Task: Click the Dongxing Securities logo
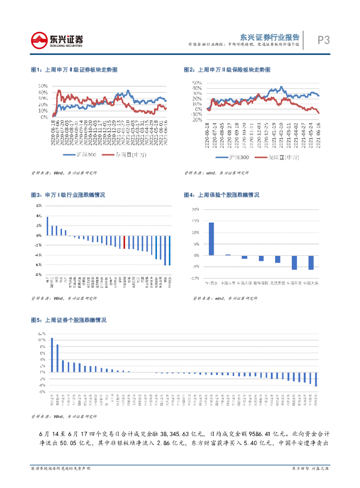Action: [57, 40]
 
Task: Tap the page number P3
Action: [323, 41]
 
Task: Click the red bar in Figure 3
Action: [124, 242]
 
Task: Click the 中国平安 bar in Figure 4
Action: [294, 263]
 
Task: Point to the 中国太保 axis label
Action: [311, 283]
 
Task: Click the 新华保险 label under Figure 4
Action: [261, 283]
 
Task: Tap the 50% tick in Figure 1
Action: [43, 86]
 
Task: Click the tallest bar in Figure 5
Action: [52, 355]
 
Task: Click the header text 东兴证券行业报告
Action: [270, 37]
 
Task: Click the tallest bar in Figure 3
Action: [48, 226]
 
